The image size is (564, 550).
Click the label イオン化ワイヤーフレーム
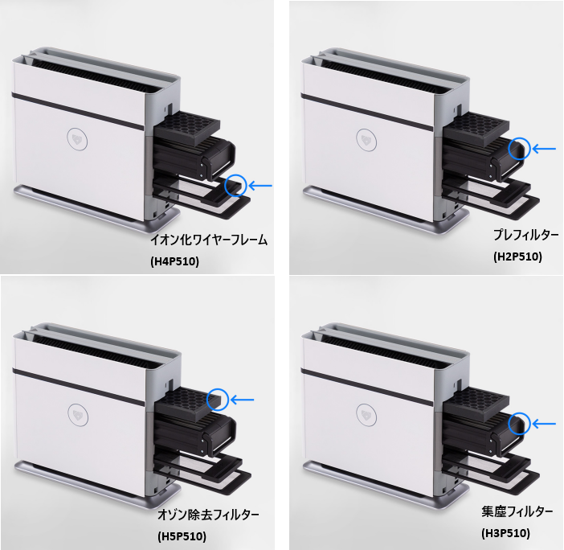tap(209, 240)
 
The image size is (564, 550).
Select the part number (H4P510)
tap(174, 261)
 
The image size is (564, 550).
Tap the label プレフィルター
tap(526, 235)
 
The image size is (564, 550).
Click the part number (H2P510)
tap(517, 257)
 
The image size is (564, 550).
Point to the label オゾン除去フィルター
tap(208, 515)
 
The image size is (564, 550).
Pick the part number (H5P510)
tap(182, 536)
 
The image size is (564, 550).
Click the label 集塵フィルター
tap(517, 511)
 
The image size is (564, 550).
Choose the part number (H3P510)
tap(505, 533)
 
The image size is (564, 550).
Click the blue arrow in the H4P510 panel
tap(260, 186)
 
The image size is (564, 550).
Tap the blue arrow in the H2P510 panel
tap(544, 149)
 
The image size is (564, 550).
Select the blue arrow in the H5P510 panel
tap(242, 400)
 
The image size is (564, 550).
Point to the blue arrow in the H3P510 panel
tap(544, 424)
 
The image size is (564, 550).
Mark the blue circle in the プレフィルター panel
tap(509, 149)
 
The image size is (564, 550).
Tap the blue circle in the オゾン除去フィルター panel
tap(207, 400)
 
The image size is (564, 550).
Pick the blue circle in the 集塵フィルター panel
tap(509, 424)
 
